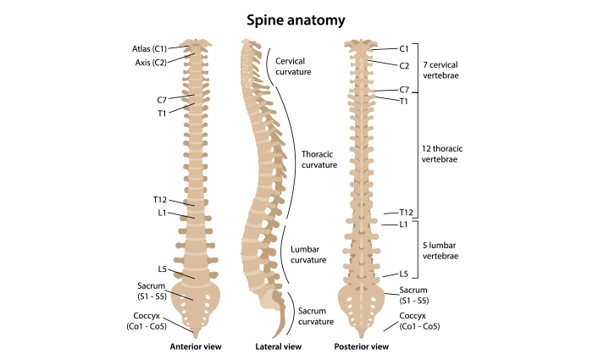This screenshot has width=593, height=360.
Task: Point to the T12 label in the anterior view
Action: [160, 199]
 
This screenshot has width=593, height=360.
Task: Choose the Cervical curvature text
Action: [294, 66]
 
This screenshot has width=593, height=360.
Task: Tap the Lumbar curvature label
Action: [308, 254]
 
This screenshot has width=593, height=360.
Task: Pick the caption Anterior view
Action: [195, 346]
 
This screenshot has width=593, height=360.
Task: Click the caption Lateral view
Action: [278, 346]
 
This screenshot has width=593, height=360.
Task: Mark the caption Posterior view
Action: [363, 346]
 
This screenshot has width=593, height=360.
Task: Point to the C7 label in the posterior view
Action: [404, 90]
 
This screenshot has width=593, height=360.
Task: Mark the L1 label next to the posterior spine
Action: [404, 224]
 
